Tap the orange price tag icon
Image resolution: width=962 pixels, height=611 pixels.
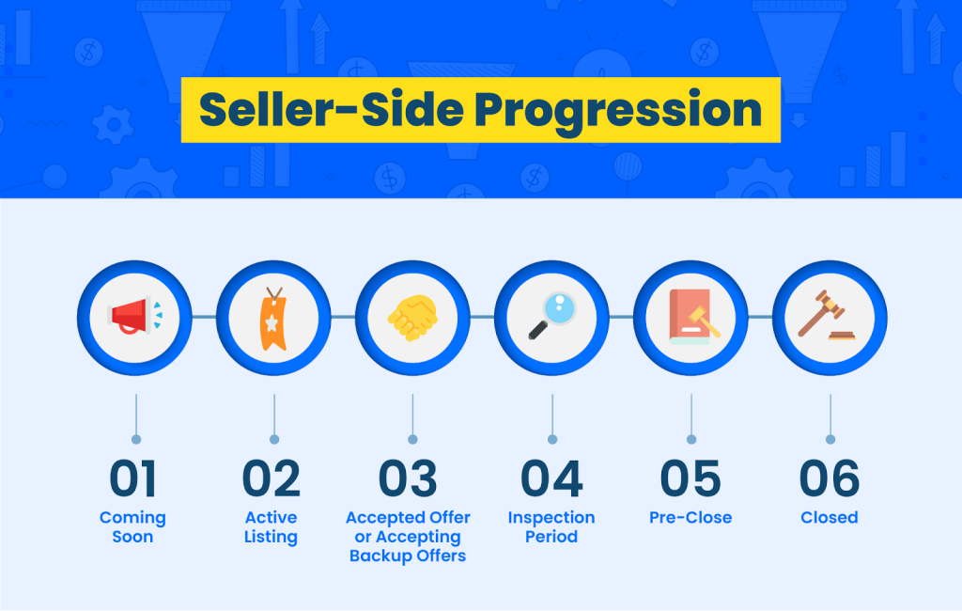(273, 318)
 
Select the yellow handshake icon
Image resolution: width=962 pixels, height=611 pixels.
(413, 318)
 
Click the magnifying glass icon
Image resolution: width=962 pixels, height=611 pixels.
(552, 315)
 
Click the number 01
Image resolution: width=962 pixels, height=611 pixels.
(133, 478)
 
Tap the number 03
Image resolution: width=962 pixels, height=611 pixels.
(408, 478)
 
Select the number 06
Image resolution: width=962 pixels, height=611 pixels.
(830, 478)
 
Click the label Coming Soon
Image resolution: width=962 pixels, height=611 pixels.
(132, 527)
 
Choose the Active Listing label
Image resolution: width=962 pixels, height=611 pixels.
(272, 527)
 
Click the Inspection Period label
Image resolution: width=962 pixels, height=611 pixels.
(551, 527)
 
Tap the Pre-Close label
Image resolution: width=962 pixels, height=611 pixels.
(690, 518)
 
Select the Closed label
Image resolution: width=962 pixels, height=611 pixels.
(830, 518)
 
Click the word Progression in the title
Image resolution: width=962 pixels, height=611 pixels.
(618, 111)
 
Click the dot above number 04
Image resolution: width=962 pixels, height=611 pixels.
(552, 440)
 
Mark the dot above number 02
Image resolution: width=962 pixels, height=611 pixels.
(274, 440)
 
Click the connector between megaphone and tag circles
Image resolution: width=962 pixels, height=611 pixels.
(204, 317)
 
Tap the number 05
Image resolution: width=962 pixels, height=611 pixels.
(690, 478)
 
